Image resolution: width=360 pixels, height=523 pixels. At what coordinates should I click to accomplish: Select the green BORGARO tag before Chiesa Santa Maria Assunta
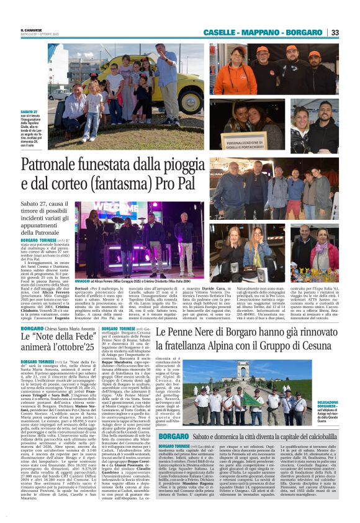pyautogui.click(x=32, y=327)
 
